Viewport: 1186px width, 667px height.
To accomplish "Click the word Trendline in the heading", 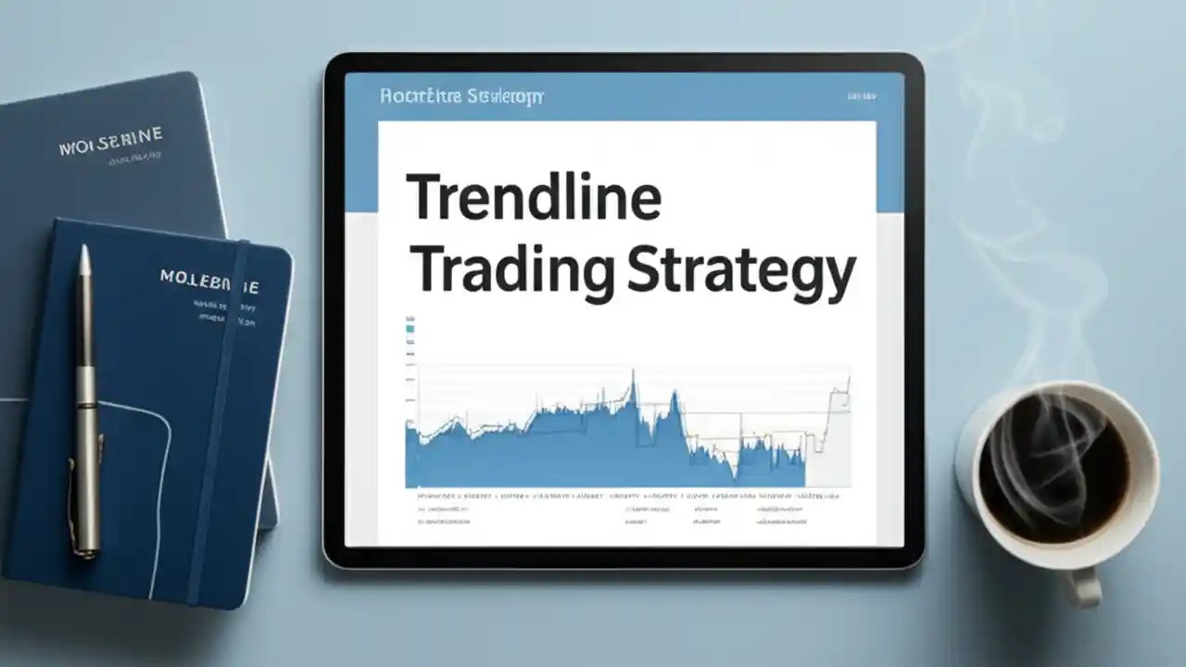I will coord(534,197).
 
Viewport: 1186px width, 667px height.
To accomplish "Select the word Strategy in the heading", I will coord(740,271).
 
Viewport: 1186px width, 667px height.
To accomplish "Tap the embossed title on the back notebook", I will coord(110,142).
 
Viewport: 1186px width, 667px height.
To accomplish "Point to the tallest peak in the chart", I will coord(634,374).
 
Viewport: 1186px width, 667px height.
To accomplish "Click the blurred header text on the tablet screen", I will coord(461,95).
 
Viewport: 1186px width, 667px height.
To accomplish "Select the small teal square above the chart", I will coord(410,327).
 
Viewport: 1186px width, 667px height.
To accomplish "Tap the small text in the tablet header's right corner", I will coord(861,95).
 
